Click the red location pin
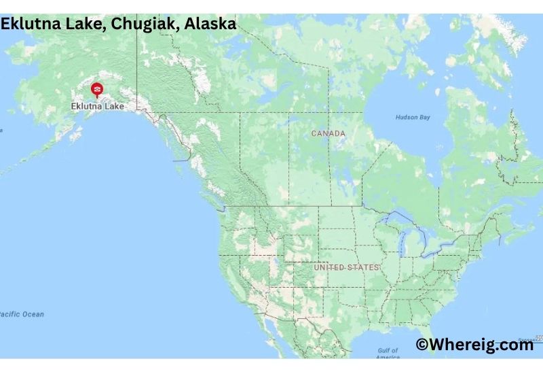click(x=97, y=90)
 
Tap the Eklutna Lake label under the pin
click(x=98, y=106)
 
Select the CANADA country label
click(x=328, y=133)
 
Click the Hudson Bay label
click(x=413, y=118)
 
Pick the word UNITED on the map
click(x=329, y=267)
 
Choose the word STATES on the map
click(x=362, y=267)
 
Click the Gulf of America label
click(x=388, y=354)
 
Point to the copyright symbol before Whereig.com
click(x=422, y=345)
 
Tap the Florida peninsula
click(x=449, y=348)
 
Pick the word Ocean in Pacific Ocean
click(x=32, y=314)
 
